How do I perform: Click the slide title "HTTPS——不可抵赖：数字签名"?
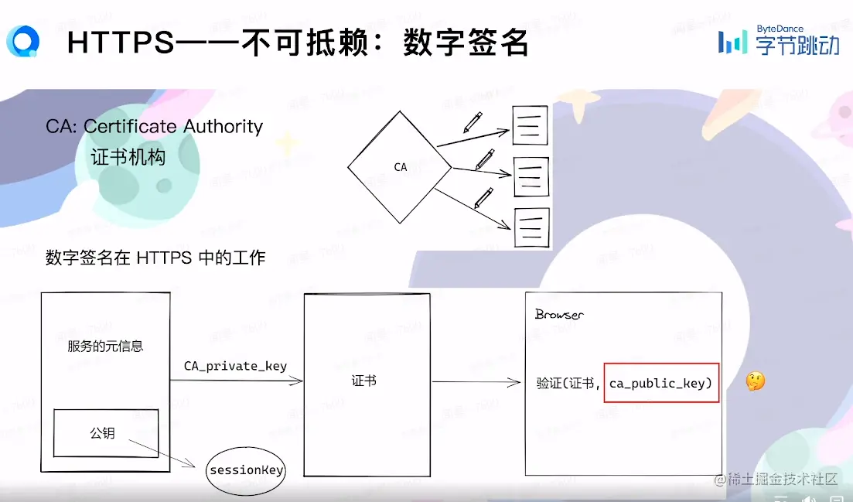298,43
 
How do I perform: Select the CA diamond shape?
399,166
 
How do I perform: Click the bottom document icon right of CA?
531,227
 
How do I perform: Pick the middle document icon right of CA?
531,177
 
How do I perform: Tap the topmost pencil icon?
473,122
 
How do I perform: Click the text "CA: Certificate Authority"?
154,127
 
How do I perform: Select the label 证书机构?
128,157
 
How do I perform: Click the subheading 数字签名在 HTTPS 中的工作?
155,258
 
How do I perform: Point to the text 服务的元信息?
105,346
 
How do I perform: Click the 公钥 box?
105,433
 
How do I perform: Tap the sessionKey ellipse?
246,470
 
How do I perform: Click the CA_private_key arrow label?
235,366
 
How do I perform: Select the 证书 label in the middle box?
363,381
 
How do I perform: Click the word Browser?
559,315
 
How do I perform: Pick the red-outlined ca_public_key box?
661,383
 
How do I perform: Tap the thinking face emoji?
755,381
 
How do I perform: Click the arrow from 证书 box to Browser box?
476,382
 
